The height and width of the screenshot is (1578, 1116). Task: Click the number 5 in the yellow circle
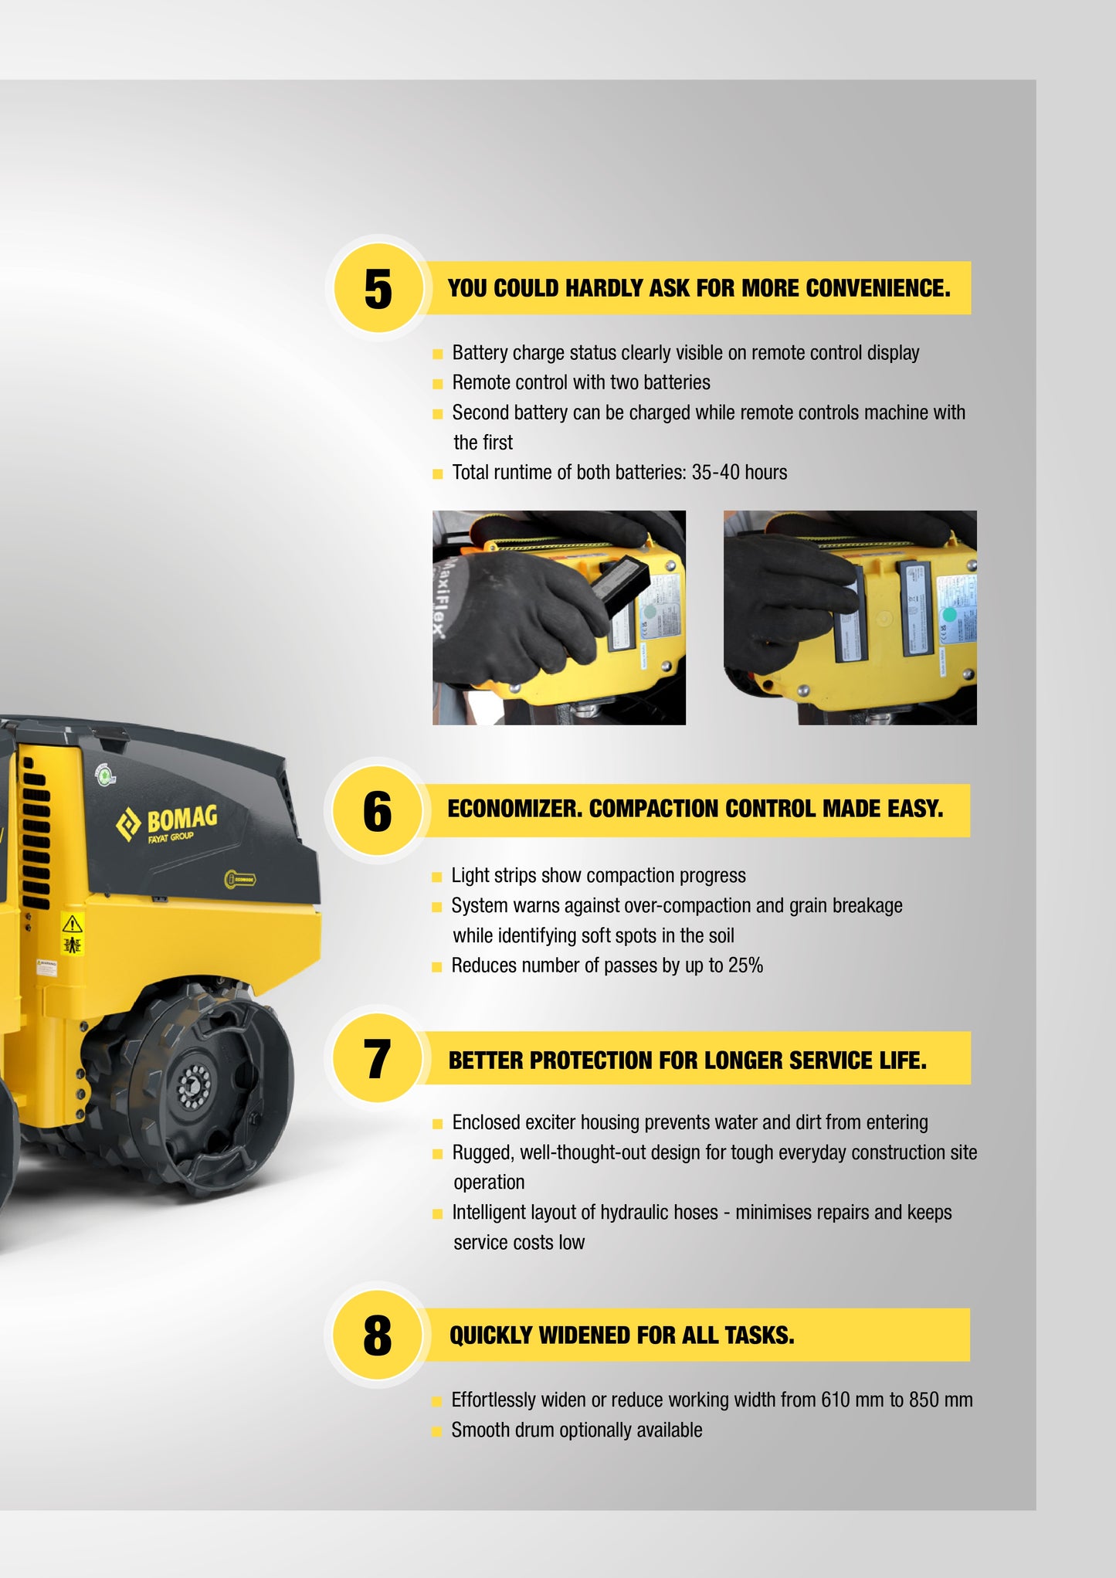pos(378,289)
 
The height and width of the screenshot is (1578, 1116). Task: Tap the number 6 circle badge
pos(378,811)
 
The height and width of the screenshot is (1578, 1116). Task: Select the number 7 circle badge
pos(378,1058)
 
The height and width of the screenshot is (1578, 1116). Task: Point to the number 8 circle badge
pos(378,1335)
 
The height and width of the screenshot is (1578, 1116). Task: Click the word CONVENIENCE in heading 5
pos(878,288)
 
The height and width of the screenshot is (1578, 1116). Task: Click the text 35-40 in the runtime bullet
pos(716,472)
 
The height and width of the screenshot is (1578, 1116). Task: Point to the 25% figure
pos(745,965)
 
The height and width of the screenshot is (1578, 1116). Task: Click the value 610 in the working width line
pos(836,1400)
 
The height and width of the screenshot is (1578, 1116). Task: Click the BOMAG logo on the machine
pos(167,823)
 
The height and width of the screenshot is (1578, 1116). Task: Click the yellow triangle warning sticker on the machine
pos(72,924)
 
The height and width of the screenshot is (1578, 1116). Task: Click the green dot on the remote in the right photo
pos(950,615)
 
